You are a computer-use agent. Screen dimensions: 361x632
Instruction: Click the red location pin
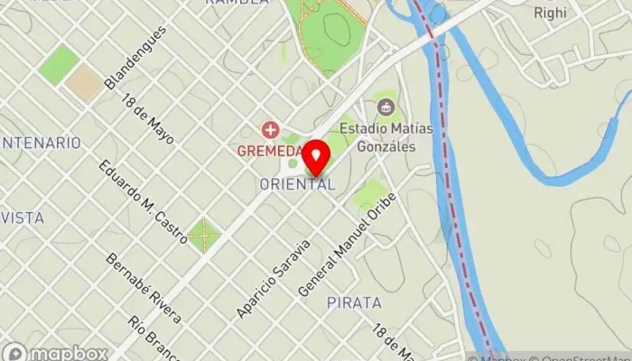pos(315,157)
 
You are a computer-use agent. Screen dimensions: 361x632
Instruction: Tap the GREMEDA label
pos(267,151)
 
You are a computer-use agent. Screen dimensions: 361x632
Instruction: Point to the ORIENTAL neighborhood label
pos(297,184)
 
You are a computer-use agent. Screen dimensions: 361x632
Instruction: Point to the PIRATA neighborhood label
pos(354,301)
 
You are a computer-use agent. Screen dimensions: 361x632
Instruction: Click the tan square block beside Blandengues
pos(84,82)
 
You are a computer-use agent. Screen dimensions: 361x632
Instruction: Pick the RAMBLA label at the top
pos(237,3)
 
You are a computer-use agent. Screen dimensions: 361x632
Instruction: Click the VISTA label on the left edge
pos(23,218)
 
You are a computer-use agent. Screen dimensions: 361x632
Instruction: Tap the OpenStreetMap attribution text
pos(583,356)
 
